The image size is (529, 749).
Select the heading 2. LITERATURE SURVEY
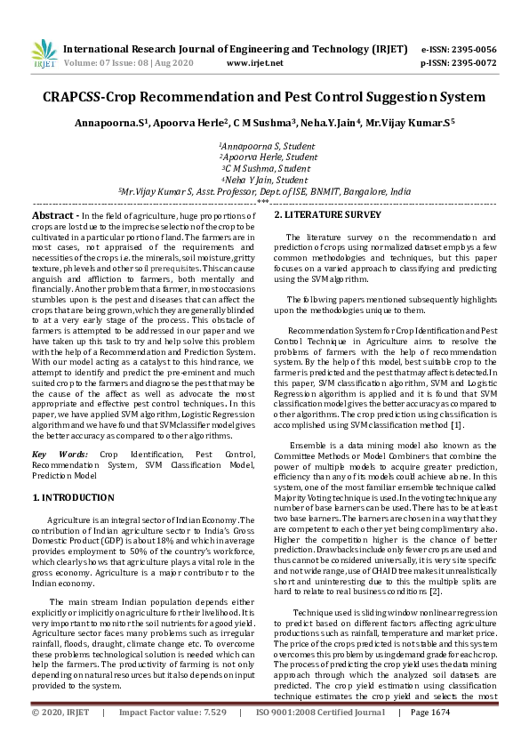(x=327, y=215)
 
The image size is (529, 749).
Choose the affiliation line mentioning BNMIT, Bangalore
(x=264, y=190)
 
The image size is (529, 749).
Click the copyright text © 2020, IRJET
(x=60, y=737)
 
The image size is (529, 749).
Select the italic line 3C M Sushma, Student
(x=264, y=167)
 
